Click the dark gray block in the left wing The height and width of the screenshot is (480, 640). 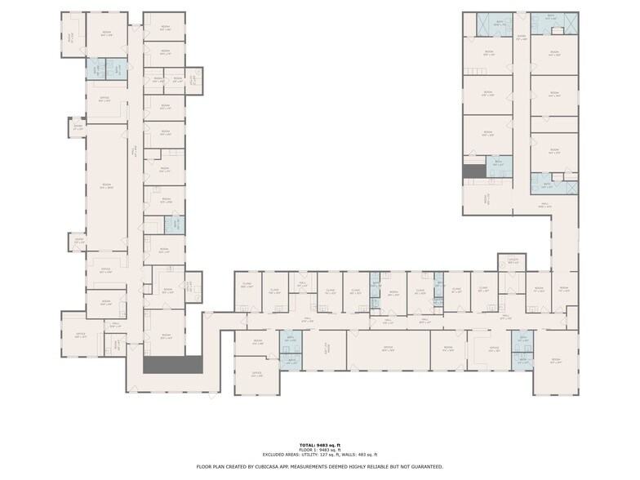[172, 365]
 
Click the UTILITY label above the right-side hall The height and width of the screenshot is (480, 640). [513, 261]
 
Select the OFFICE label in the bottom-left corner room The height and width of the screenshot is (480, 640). [256, 375]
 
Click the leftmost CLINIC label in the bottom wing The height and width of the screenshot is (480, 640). [247, 286]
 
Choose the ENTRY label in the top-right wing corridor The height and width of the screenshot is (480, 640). [520, 38]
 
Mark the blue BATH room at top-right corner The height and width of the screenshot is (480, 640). [550, 18]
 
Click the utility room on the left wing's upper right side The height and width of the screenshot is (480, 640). [193, 80]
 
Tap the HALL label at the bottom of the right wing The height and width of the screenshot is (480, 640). [544, 206]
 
